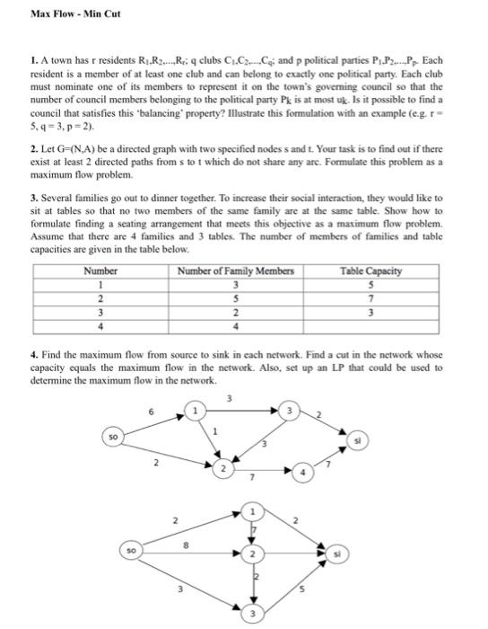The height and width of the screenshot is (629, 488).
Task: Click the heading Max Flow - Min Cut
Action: point(75,14)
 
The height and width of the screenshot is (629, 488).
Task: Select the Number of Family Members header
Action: point(236,270)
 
